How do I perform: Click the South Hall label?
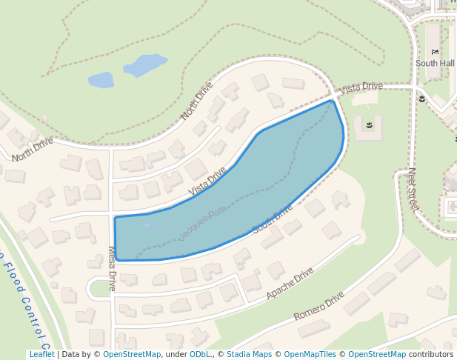pyautogui.click(x=435, y=64)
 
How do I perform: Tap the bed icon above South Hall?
pyautogui.click(x=436, y=51)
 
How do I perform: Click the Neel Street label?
pyautogui.click(x=413, y=189)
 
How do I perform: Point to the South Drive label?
pyautogui.click(x=273, y=219)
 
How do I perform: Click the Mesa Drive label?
pyautogui.click(x=113, y=268)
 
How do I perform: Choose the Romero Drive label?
pyautogui.click(x=318, y=306)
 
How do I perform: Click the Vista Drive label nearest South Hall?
pyautogui.click(x=361, y=87)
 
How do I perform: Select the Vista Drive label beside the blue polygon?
pyautogui.click(x=207, y=181)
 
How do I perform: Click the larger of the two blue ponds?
pyautogui.click(x=145, y=65)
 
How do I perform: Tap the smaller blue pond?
pyautogui.click(x=101, y=79)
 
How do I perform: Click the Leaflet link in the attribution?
pyautogui.click(x=41, y=355)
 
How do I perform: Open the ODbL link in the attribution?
pyautogui.click(x=200, y=355)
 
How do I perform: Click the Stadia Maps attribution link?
pyautogui.click(x=249, y=355)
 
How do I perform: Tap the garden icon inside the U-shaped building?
pyautogui.click(x=367, y=127)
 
